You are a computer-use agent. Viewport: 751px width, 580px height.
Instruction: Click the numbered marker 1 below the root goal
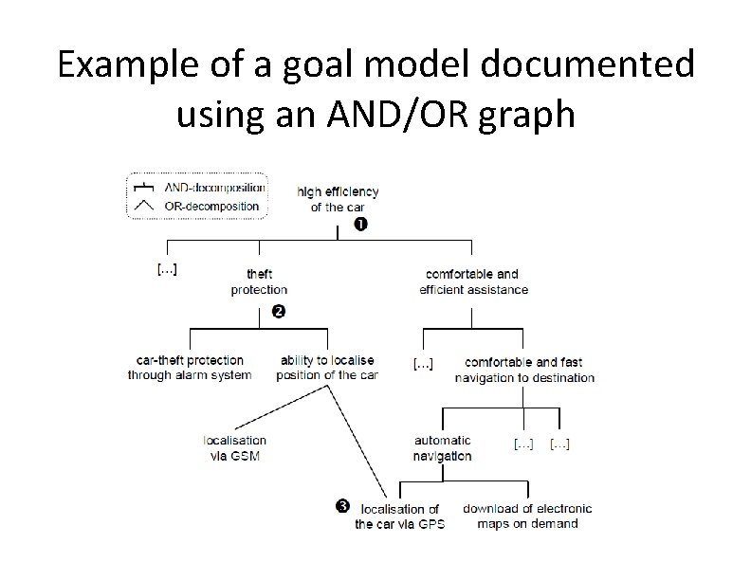click(359, 225)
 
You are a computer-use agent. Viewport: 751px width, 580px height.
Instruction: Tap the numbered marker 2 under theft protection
click(278, 311)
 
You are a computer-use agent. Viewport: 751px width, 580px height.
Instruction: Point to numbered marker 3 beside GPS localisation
click(343, 506)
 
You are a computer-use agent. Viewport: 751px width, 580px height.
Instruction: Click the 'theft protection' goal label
click(259, 281)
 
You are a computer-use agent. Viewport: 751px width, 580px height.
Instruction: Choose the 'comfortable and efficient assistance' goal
click(473, 281)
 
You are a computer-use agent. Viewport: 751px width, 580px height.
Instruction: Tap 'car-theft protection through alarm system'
click(190, 368)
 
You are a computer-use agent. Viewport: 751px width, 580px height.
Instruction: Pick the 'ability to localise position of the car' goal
click(327, 368)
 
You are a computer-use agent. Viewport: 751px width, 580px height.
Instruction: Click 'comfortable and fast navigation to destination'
click(524, 370)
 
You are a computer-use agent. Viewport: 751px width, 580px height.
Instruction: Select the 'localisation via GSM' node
click(234, 447)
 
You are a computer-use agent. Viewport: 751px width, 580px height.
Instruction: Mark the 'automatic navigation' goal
click(442, 447)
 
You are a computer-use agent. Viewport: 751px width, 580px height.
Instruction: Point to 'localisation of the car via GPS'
click(399, 517)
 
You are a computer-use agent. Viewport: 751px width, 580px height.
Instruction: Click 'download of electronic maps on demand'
click(527, 516)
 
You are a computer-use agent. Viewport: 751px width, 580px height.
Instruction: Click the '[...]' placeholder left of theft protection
click(166, 268)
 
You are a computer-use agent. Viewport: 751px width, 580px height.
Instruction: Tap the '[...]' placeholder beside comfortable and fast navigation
click(423, 363)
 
